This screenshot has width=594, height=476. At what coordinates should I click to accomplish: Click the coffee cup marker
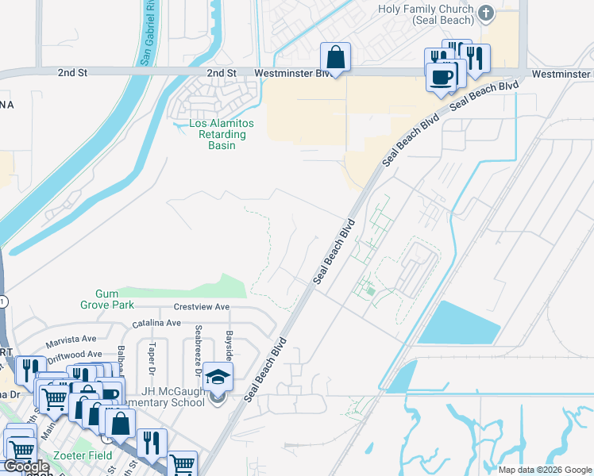click(x=441, y=77)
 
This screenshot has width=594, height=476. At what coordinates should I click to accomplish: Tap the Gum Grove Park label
click(x=106, y=298)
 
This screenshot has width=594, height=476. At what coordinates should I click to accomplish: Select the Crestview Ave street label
click(x=202, y=307)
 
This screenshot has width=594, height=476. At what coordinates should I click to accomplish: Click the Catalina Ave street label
click(x=156, y=324)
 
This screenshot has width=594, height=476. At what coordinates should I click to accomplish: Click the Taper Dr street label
click(x=152, y=358)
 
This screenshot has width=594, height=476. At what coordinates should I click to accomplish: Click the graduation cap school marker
click(x=218, y=377)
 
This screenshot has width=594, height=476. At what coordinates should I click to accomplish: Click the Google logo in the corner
click(x=26, y=467)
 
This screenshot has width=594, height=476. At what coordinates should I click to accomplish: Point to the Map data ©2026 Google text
click(x=545, y=470)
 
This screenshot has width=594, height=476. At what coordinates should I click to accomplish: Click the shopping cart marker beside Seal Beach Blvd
click(x=183, y=464)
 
